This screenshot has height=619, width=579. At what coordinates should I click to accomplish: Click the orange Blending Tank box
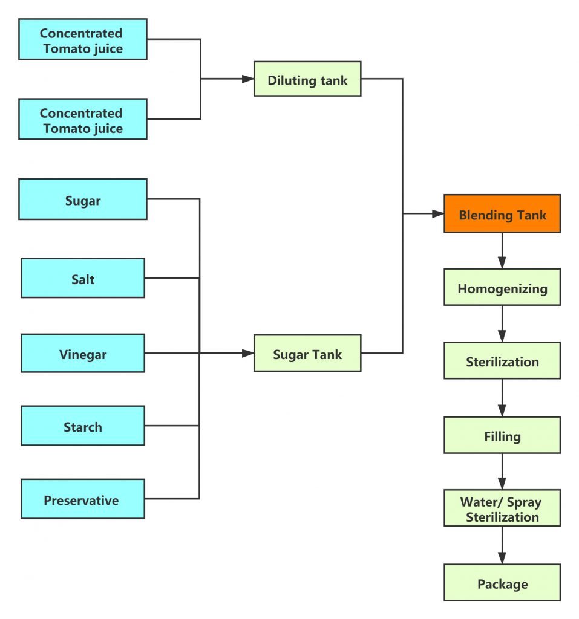click(x=502, y=213)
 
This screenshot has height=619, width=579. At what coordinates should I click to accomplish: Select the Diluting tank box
click(x=307, y=79)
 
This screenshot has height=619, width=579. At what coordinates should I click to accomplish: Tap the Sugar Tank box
click(x=307, y=353)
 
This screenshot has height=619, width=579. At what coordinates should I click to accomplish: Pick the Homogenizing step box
click(x=502, y=287)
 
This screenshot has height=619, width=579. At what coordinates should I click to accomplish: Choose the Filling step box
click(x=502, y=435)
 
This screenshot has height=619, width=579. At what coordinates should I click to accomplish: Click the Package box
click(x=502, y=582)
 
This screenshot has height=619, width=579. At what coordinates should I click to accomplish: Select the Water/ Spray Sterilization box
click(x=502, y=508)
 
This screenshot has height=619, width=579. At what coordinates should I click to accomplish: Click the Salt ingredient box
click(x=83, y=278)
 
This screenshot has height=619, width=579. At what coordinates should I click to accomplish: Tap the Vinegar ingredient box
click(x=83, y=353)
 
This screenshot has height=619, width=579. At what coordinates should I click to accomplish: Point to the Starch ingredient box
click(x=83, y=426)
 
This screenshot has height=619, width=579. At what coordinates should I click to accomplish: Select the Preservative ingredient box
click(x=83, y=499)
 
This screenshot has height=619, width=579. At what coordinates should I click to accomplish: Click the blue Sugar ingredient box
click(x=83, y=199)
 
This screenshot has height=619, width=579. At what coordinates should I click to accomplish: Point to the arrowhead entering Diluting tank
click(x=248, y=79)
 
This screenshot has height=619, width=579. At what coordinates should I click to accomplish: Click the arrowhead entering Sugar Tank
click(x=248, y=353)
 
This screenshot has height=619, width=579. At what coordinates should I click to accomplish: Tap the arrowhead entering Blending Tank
click(x=438, y=213)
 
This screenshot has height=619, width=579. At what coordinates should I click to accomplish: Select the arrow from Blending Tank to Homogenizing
click(x=502, y=251)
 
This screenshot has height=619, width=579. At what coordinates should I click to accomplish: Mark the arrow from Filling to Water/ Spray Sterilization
click(x=502, y=472)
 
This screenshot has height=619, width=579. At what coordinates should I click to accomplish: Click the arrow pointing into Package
click(x=502, y=545)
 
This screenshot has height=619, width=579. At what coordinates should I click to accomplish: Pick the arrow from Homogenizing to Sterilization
click(x=502, y=324)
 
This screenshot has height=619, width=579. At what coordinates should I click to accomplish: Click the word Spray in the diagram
click(x=524, y=502)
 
